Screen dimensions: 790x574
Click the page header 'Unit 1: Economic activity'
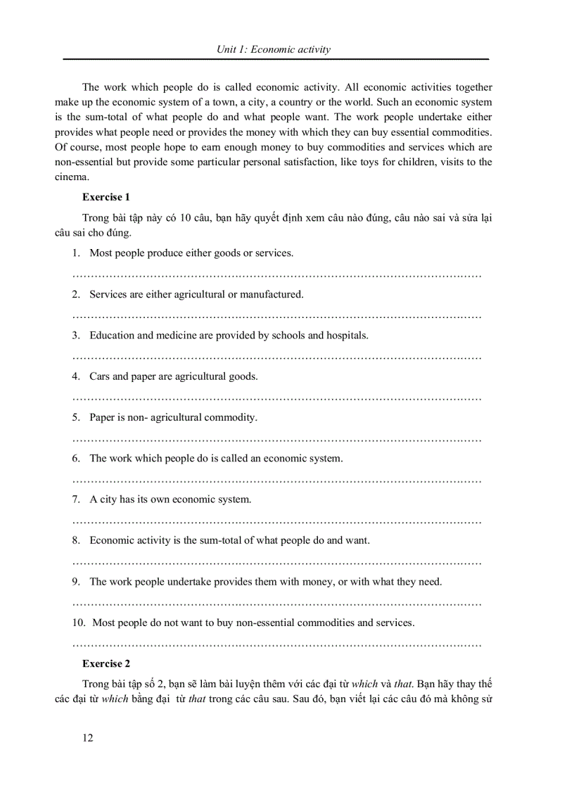pos(273,49)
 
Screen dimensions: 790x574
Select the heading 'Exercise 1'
pos(106,197)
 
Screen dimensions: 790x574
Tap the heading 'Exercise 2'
pos(106,663)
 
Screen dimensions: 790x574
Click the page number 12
pos(88,737)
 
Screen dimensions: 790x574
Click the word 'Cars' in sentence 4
pos(99,376)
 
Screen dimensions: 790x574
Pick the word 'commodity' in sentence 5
pos(231,417)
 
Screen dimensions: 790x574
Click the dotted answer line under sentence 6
pos(277,480)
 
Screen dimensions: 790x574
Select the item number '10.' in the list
pos(79,623)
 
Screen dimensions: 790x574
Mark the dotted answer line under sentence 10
pos(277,644)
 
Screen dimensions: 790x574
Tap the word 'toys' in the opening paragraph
pos(414,163)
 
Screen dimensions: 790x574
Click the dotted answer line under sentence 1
pos(277,275)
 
